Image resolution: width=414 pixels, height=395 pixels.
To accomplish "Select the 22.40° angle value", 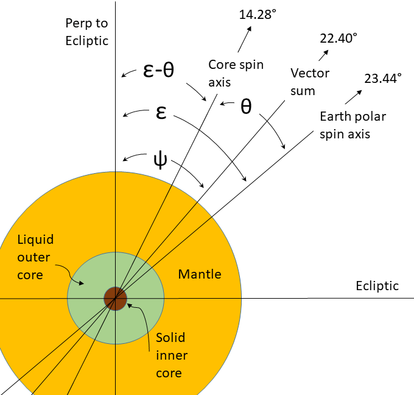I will (339, 38).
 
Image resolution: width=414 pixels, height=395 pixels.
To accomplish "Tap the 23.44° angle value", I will (383, 78).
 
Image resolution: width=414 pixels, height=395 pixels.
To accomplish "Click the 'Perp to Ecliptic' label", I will (86, 32).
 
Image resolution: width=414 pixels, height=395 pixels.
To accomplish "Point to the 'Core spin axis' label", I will (236, 73).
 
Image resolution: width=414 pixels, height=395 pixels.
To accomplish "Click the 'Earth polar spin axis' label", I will (353, 124).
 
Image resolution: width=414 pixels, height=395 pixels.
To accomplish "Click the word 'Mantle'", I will (200, 274).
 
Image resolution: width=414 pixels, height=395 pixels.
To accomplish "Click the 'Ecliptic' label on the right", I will (377, 286).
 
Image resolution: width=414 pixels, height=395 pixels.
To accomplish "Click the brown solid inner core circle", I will (114, 299).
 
